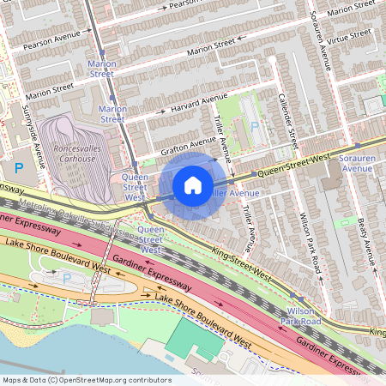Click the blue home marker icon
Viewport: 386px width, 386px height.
click(x=193, y=185)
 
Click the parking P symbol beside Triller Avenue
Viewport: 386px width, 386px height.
click(x=255, y=125)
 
